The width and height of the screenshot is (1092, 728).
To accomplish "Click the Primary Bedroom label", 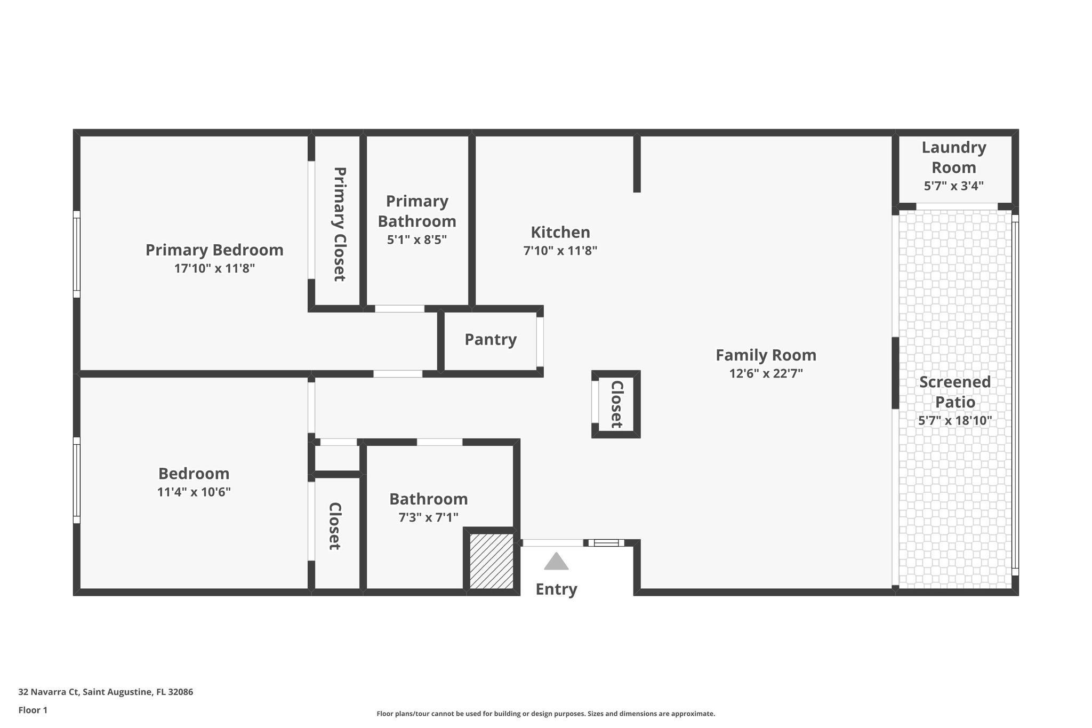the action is click(x=214, y=250).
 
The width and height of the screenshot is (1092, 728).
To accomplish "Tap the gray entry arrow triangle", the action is click(x=556, y=562).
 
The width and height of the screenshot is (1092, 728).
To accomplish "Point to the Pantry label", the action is click(x=491, y=340).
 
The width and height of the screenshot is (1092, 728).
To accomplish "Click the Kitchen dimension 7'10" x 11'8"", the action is click(x=560, y=251).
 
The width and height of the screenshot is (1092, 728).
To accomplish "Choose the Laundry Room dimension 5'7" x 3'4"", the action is click(x=954, y=186).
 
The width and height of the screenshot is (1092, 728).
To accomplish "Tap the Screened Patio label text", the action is click(x=955, y=392).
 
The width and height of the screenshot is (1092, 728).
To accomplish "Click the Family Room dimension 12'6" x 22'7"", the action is click(x=766, y=373).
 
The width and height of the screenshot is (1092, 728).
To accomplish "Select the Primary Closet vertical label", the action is click(x=339, y=224).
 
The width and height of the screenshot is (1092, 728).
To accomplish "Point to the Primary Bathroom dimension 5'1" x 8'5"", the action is click(x=417, y=239).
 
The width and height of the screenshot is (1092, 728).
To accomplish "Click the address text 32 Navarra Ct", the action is click(x=49, y=692).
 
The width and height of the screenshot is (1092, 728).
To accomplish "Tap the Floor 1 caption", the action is click(x=33, y=710).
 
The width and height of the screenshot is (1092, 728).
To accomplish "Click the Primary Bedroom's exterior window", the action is click(x=77, y=254).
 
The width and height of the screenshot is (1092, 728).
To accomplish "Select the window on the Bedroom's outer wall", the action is click(x=77, y=480).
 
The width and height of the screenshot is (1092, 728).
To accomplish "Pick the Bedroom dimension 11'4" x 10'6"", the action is click(x=194, y=492).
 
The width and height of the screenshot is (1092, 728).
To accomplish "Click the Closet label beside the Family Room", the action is click(x=617, y=404).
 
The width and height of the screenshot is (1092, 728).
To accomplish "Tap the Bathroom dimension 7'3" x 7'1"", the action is click(x=429, y=517).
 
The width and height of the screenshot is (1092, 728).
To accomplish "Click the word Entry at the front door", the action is click(x=556, y=589).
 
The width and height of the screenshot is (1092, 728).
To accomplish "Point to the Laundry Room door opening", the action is click(x=957, y=206).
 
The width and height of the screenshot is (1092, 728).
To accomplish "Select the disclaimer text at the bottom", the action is click(x=546, y=714).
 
